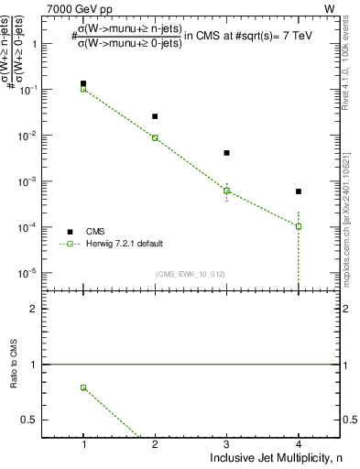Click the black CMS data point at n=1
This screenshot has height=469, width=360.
[83, 83]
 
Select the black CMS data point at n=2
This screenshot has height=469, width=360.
[155, 116]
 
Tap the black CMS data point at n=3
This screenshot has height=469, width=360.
[226, 153]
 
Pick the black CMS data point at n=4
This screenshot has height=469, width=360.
[299, 191]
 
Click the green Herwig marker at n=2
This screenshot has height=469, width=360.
[155, 137]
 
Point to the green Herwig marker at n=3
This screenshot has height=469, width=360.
[226, 191]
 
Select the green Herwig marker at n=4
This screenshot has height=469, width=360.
[299, 226]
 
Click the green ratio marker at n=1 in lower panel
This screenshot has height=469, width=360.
[83, 387]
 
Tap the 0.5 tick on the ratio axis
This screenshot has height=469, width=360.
[33, 420]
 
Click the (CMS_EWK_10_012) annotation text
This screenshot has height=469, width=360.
[190, 274]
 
